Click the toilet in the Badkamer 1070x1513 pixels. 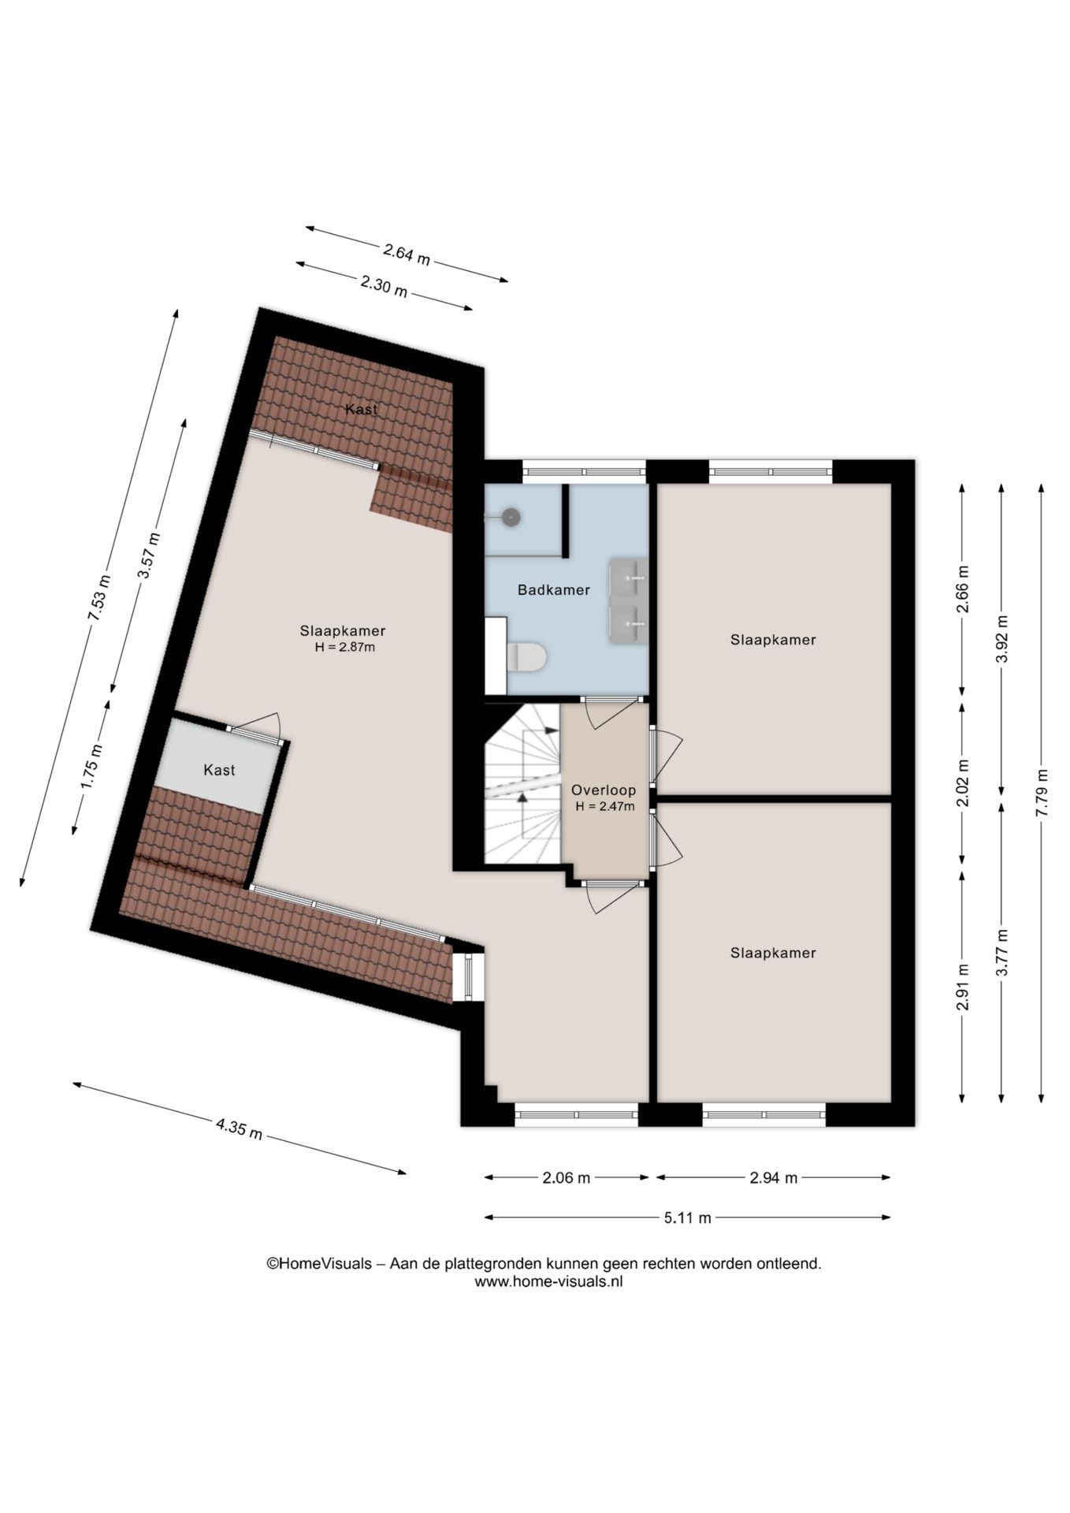526,656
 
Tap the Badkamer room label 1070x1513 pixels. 553,589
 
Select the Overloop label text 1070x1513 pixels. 604,790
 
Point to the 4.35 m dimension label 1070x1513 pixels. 240,1128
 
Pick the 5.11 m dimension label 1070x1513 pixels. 687,1217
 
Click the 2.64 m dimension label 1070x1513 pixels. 407,254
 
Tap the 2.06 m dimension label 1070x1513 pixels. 567,1178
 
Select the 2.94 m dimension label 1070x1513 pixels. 773,1178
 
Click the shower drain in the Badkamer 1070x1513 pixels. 512,517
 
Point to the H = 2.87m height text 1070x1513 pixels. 344,648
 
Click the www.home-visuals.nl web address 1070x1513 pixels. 548,1282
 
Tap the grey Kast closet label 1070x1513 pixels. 219,770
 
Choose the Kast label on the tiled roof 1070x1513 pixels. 362,409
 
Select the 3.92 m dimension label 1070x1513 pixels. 1003,639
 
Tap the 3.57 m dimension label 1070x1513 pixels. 148,556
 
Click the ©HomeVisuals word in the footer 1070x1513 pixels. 319,1264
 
